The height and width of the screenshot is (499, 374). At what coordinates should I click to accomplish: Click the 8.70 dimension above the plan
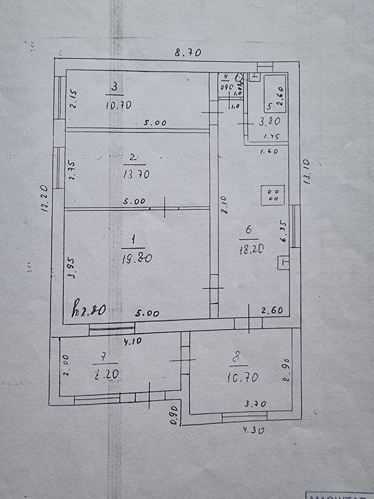click(x=188, y=53)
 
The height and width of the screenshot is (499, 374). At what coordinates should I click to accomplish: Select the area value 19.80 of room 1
click(x=137, y=259)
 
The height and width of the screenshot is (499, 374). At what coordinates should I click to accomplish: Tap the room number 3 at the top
click(x=115, y=86)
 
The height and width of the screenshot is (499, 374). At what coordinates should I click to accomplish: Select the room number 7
click(x=106, y=357)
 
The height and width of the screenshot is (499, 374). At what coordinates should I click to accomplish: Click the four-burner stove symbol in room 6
click(x=274, y=195)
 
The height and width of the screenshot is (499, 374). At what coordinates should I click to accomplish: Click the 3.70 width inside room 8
click(x=255, y=404)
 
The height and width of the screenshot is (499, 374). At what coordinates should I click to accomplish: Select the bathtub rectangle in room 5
click(x=275, y=94)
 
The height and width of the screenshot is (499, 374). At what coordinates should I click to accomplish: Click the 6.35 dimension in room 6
click(x=284, y=233)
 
